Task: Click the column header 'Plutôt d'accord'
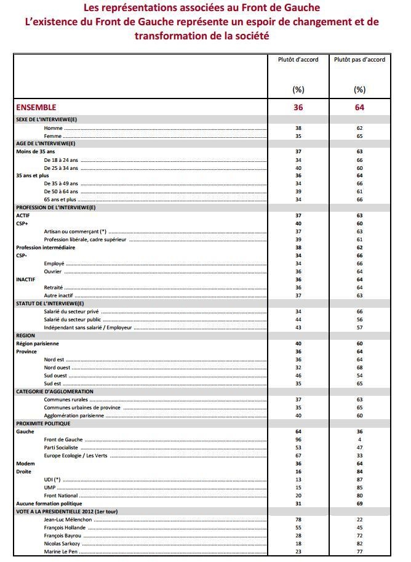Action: click(x=298, y=60)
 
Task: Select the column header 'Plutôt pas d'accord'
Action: click(x=359, y=60)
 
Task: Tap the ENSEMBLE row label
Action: click(x=36, y=107)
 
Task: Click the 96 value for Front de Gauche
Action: click(x=298, y=440)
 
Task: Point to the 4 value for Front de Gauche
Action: click(x=360, y=440)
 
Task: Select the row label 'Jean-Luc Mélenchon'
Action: click(x=68, y=520)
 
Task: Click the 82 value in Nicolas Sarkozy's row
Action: click(x=360, y=544)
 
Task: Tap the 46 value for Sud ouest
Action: click(x=298, y=375)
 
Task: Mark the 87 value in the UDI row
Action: click(x=360, y=479)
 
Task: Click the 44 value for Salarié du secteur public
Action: click(x=298, y=319)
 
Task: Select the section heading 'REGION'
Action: click(x=25, y=335)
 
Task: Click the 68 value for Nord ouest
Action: click(x=360, y=367)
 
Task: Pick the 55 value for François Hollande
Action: click(x=298, y=528)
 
